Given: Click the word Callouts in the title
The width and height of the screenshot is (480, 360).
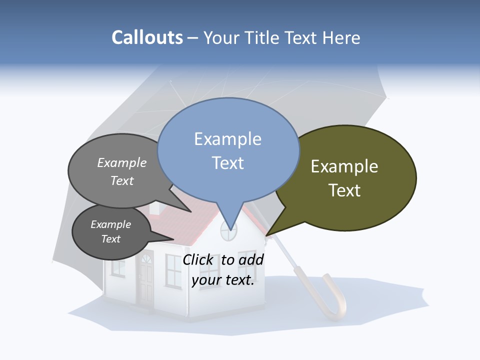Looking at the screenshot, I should point(147,37).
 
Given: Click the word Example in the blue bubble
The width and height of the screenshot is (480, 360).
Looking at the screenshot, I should point(228,139).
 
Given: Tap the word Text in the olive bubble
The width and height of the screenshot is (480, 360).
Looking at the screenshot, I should point(344,190).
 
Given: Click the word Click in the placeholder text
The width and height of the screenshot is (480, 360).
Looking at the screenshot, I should point(198,259).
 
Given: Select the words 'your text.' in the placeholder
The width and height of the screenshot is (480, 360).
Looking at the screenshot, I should point(223,280).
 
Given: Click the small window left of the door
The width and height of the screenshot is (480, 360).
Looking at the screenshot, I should point(118,267).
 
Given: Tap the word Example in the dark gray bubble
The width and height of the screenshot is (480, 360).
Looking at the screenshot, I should point(111,224).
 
